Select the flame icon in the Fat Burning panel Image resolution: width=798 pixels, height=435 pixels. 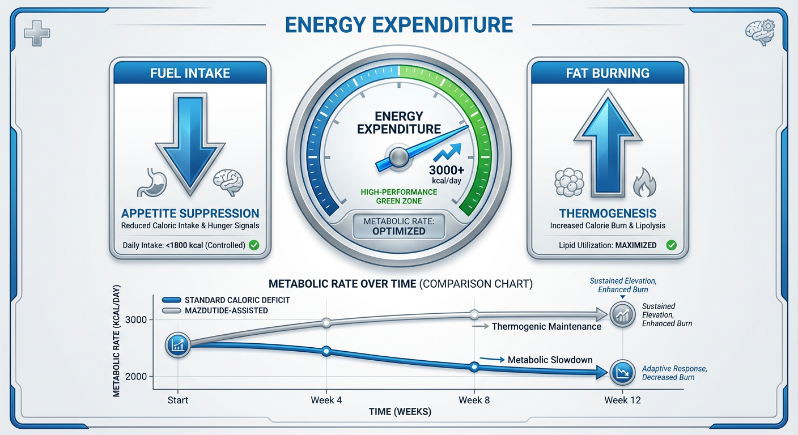(646, 183)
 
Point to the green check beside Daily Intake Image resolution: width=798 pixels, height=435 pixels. (254, 246)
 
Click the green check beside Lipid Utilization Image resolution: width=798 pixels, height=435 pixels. (672, 245)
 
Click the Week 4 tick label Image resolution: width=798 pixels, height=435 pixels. (326, 400)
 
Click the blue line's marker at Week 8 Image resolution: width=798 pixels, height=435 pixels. (475, 367)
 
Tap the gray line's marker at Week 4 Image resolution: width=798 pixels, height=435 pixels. (326, 323)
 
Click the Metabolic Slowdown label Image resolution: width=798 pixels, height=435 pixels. (550, 360)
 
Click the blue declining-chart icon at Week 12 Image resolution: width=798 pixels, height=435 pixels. (622, 372)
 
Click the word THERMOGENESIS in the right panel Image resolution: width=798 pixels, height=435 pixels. (608, 214)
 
